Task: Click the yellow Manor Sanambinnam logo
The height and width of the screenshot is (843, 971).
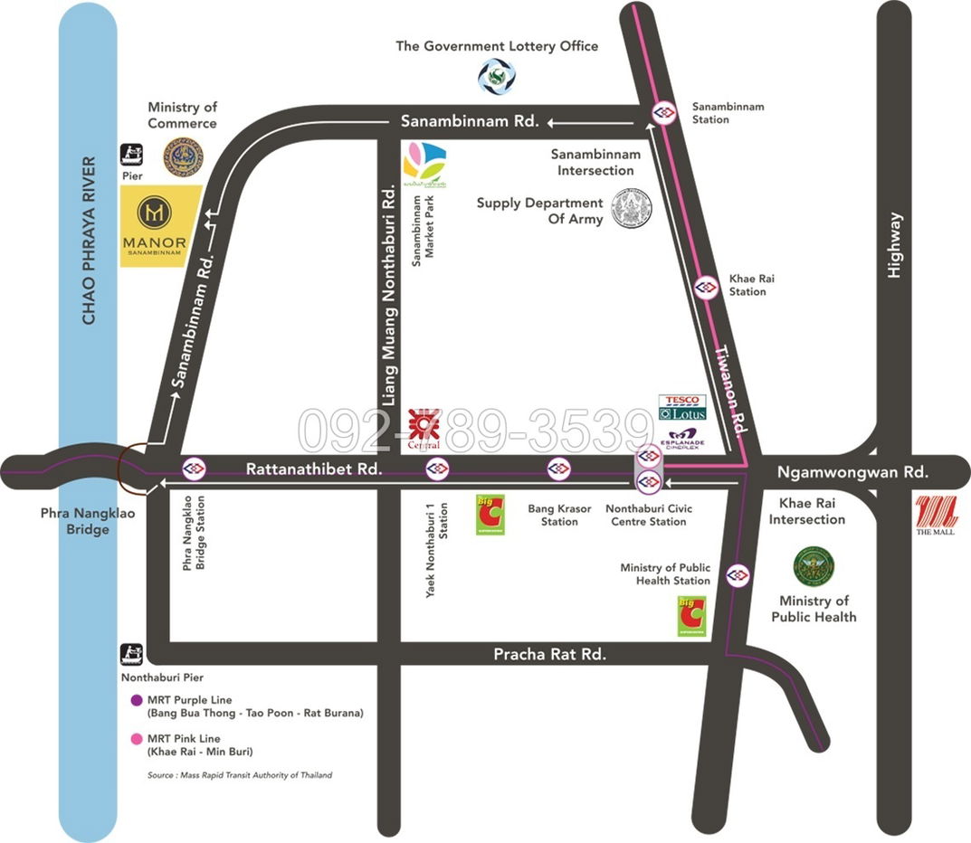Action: pos(161,225)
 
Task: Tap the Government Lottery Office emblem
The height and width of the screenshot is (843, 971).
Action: pos(497,77)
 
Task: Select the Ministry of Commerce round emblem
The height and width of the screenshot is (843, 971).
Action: pos(183,156)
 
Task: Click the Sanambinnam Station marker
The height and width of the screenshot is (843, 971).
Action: pos(663,113)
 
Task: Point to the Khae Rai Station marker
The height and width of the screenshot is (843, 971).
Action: pos(707,287)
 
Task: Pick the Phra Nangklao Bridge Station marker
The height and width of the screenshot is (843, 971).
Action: pos(192,468)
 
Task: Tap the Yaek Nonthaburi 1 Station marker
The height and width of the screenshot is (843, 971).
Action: pos(438,468)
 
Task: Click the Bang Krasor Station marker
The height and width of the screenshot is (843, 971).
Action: pos(558,468)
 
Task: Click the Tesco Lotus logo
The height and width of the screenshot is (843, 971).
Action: pos(681,407)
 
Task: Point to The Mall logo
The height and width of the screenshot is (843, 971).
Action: pos(936,516)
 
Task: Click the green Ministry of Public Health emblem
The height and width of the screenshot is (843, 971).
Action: pos(814,566)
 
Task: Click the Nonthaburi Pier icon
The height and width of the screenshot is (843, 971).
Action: pos(132,652)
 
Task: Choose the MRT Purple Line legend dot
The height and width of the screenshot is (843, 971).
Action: pos(137,700)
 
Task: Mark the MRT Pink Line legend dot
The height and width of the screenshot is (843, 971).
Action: pos(137,739)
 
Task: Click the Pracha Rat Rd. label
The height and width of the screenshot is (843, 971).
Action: pos(549,653)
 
